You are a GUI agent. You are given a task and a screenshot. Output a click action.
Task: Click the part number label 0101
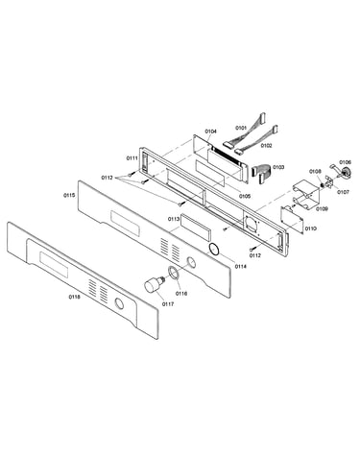click(x=241, y=128)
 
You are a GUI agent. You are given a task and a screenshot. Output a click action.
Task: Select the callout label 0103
click(x=278, y=167)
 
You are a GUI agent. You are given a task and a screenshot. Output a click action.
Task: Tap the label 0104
click(x=210, y=132)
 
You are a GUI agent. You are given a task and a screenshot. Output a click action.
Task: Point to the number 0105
click(x=245, y=196)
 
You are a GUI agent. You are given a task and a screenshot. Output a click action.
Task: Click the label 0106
click(x=345, y=162)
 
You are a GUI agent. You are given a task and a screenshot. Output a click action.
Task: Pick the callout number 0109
click(x=322, y=208)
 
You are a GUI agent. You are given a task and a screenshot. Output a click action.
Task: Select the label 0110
click(x=310, y=228)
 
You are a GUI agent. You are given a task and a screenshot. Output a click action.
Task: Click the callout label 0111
click(x=132, y=158)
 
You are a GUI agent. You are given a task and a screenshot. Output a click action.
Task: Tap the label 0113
click(x=174, y=219)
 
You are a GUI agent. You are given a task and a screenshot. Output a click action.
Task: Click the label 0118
click(x=74, y=297)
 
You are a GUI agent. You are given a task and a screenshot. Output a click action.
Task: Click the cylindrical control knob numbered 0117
click(x=154, y=283)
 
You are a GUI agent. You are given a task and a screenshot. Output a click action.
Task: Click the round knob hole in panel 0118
click(x=119, y=303)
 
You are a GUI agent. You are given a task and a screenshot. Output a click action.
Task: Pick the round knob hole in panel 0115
click(x=192, y=262)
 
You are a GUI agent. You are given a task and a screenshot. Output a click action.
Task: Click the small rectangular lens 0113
click(x=196, y=228)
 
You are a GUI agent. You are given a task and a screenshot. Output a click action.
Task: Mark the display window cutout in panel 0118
click(x=54, y=265)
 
